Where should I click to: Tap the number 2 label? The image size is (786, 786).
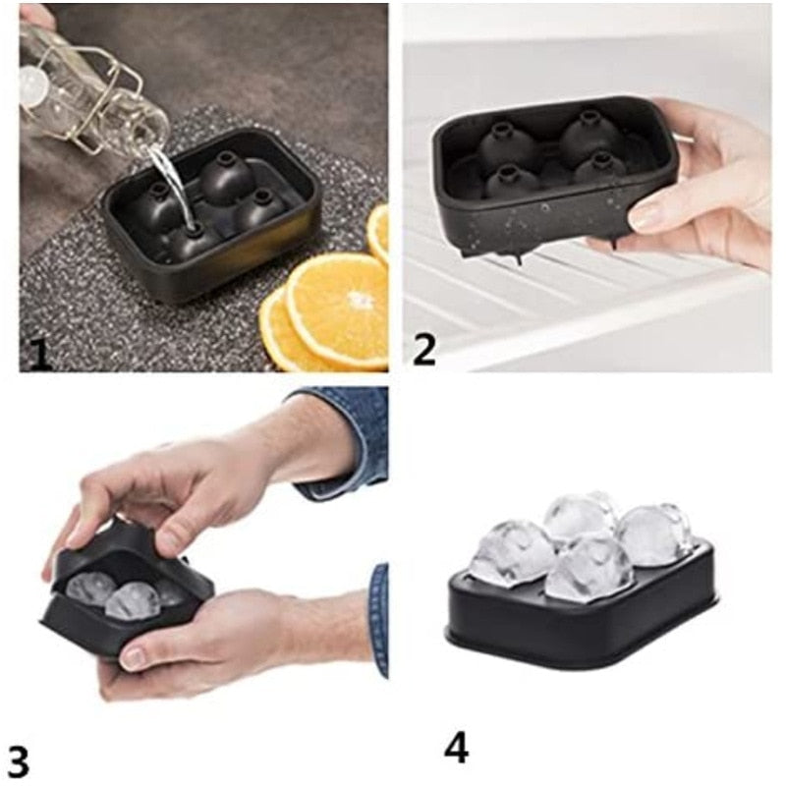tap(424, 350)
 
